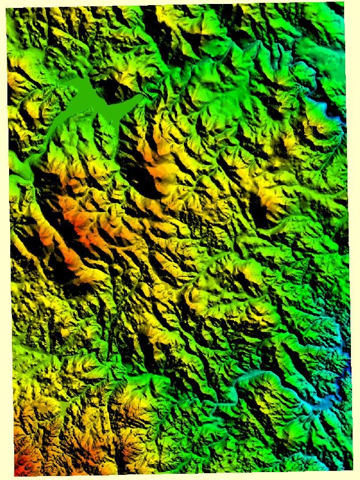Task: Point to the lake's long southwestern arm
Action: point(62,122)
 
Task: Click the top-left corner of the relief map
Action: point(7,8)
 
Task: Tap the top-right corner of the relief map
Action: point(344,3)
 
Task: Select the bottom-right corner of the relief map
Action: point(344,470)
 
